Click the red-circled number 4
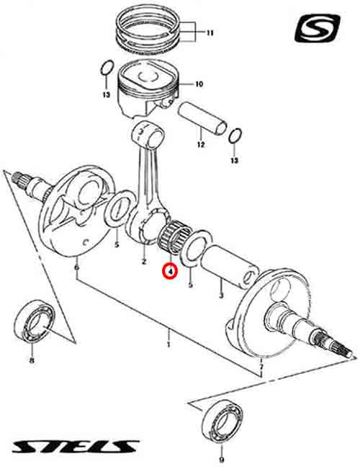(170, 271)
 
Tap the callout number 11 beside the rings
(210, 32)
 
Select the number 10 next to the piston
(199, 84)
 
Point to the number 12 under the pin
(201, 145)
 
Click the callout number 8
(32, 360)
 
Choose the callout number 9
(222, 460)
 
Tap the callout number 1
(168, 344)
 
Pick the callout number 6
(77, 267)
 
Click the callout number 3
(221, 295)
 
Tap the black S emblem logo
(318, 29)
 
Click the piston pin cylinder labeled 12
(202, 117)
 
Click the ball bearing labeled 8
(35, 321)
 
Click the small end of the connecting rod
(149, 133)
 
